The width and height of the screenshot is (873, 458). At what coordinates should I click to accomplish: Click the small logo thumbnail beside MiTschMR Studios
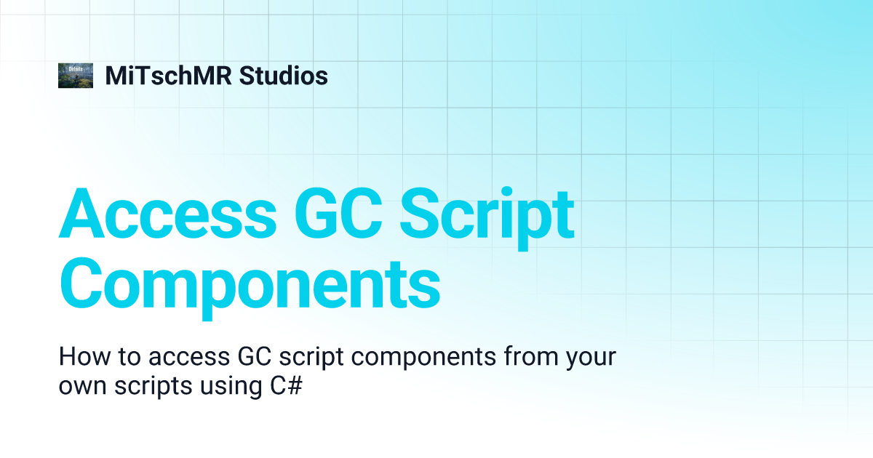76,76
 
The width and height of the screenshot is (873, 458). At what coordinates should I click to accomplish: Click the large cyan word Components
249,285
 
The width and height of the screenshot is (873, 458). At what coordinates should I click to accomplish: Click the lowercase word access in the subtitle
189,358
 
